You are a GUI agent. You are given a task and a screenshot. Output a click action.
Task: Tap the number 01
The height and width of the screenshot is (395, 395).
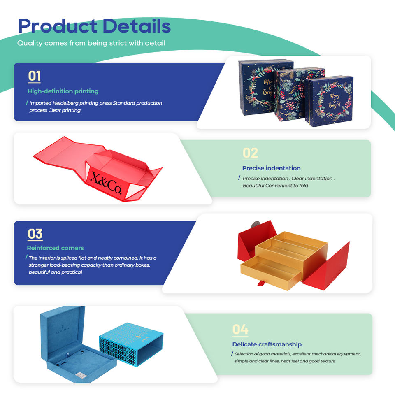coord(34,76)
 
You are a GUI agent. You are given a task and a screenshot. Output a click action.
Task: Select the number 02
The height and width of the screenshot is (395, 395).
coord(250,153)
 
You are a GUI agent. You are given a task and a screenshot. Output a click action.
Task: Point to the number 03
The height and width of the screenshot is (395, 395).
coord(35,234)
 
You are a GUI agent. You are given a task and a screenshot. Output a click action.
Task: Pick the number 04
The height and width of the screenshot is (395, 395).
coord(240,330)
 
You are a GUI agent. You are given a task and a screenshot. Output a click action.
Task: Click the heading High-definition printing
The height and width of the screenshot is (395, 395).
coord(63,91)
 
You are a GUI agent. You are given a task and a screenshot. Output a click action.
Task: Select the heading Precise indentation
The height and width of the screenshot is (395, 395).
coord(271,168)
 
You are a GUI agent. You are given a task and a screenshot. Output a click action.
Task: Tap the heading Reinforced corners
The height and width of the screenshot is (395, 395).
coord(55,248)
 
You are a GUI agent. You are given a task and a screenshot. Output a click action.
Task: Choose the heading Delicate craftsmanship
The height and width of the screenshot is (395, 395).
coord(267,344)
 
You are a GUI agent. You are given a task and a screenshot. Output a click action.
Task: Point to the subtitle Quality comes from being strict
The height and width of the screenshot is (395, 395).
coord(91,43)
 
